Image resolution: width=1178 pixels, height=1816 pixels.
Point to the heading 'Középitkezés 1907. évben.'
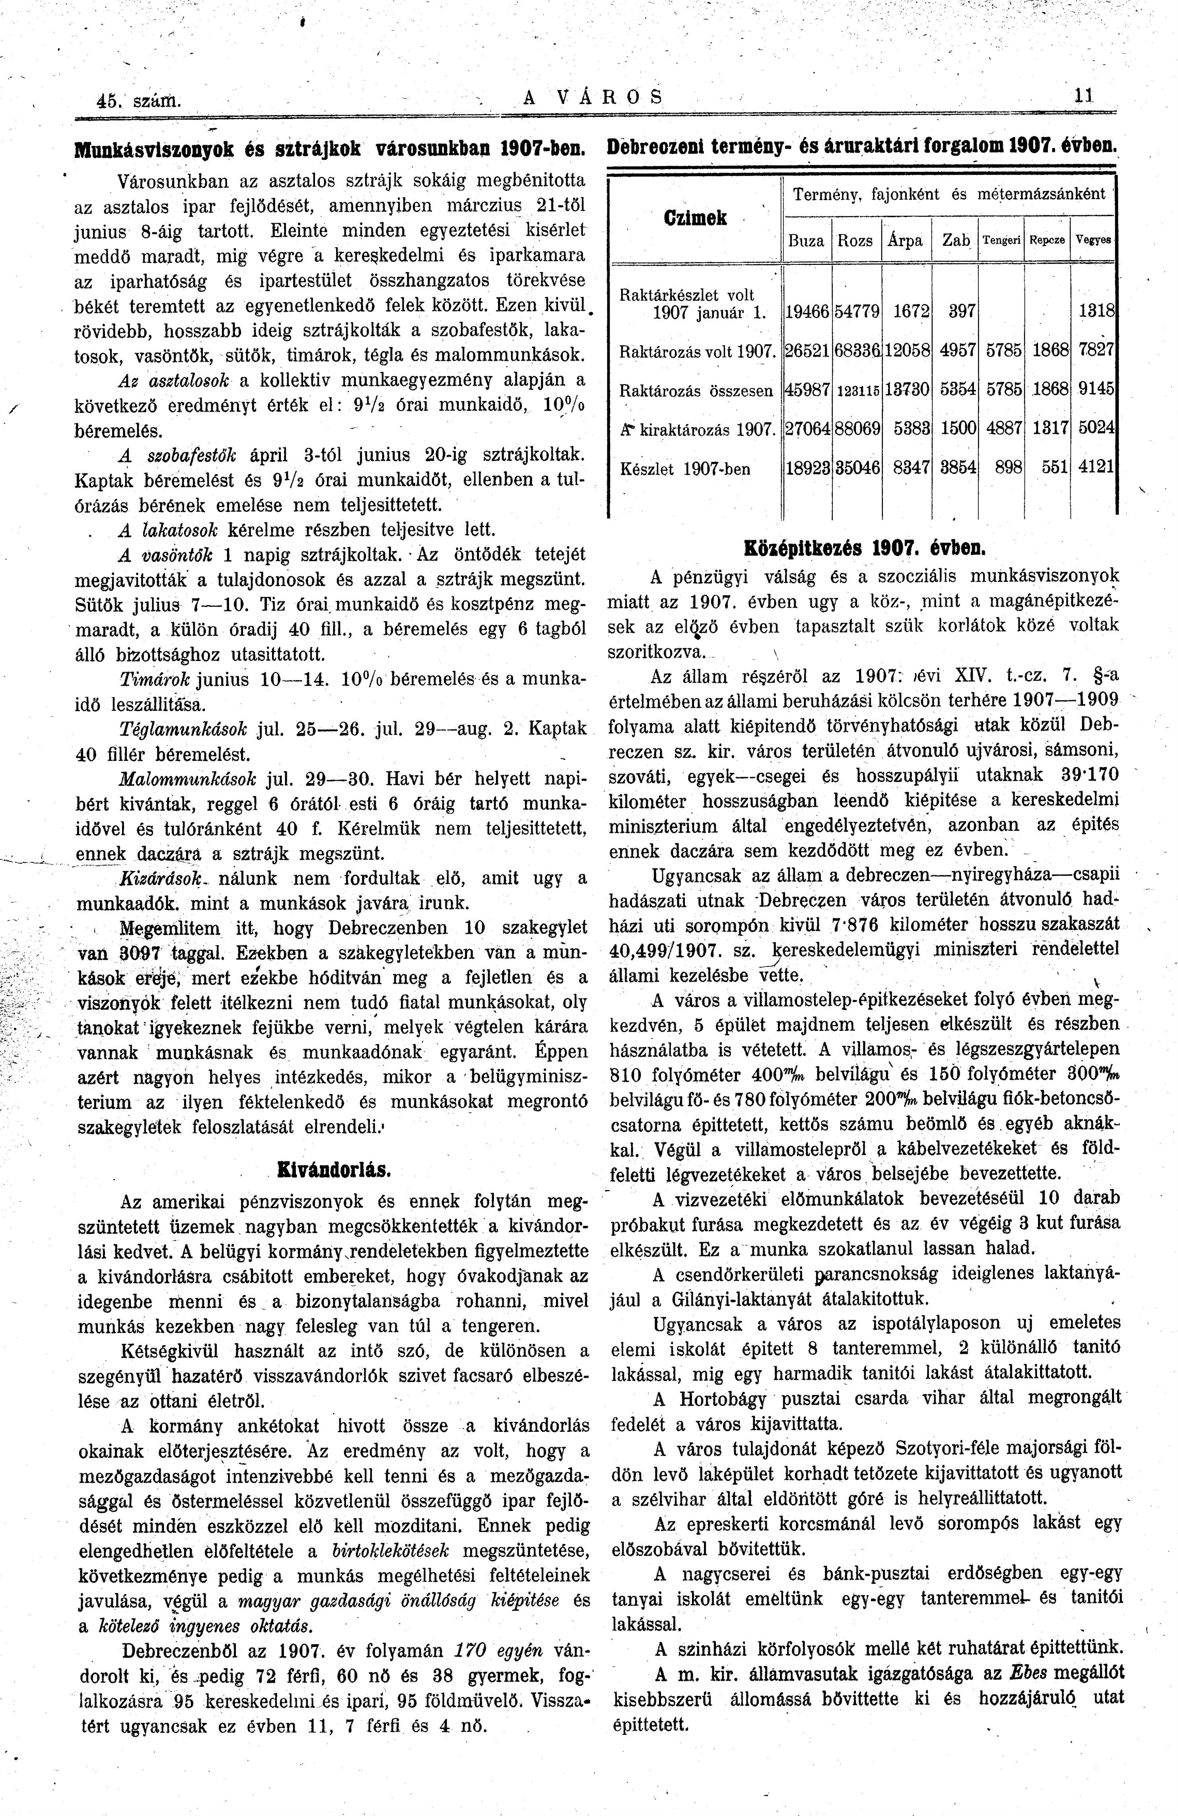click(865, 548)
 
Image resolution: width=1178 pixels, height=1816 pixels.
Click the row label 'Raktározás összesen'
click(696, 391)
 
